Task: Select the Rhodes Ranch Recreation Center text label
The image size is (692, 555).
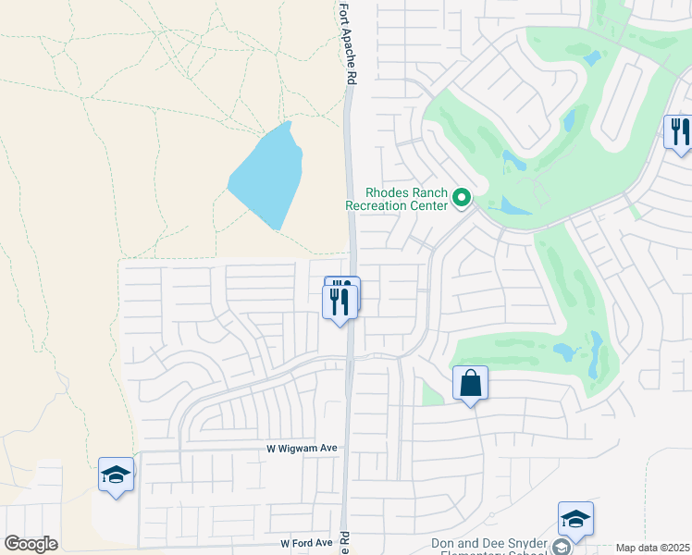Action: [397, 199]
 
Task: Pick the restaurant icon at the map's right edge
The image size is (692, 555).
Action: [679, 131]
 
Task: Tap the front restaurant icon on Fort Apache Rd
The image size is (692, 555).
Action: [339, 301]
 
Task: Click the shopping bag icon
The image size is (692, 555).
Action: [470, 383]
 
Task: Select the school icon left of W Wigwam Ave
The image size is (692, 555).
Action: [116, 475]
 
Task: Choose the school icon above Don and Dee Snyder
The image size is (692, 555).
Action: [575, 519]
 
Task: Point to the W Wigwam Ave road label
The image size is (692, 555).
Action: [296, 449]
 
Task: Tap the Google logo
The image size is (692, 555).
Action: [31, 544]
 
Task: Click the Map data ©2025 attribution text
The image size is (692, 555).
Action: [652, 548]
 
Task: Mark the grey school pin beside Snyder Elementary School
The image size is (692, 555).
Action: [562, 547]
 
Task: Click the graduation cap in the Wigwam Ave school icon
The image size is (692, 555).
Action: [116, 475]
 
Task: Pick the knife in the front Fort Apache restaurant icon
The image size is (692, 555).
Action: [344, 301]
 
